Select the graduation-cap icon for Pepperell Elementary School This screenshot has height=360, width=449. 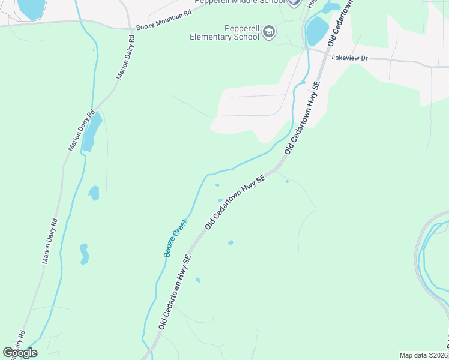[x=269, y=32]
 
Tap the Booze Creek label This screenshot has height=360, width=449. [x=176, y=238]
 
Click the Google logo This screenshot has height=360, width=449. [x=20, y=353]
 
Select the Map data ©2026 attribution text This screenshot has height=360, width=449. [x=424, y=355]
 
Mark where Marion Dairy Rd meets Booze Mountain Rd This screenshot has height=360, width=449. [x=131, y=28]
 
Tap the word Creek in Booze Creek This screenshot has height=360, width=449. [x=181, y=229]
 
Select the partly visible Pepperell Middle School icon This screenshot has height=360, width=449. [x=293, y=2]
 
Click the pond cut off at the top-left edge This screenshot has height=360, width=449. [x=31, y=7]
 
